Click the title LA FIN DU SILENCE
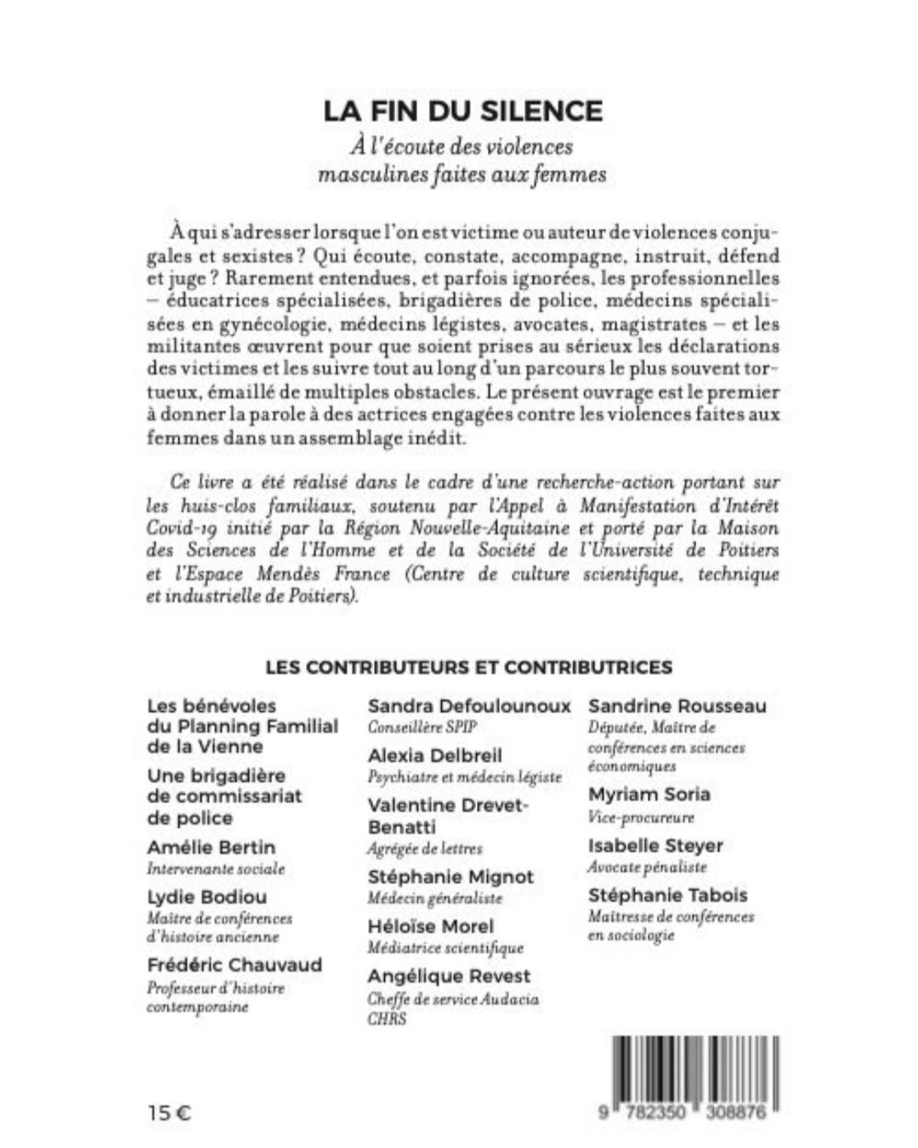coord(462,111)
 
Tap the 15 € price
coord(169,1111)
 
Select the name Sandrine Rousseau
coord(677,706)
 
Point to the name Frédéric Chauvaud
coord(235,964)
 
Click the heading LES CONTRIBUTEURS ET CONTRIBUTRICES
coord(468,668)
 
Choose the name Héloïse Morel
coord(430,926)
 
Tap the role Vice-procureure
coord(641,817)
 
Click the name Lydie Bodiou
coord(207,896)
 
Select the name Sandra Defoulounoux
coord(469,706)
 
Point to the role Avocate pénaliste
coord(647,867)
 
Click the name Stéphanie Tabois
coord(667,895)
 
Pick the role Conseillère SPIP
coord(422,727)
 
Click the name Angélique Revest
coord(449,976)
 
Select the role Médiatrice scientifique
coord(445,947)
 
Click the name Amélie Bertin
coord(211,847)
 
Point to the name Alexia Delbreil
coord(434,755)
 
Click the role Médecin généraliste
coord(434,898)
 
